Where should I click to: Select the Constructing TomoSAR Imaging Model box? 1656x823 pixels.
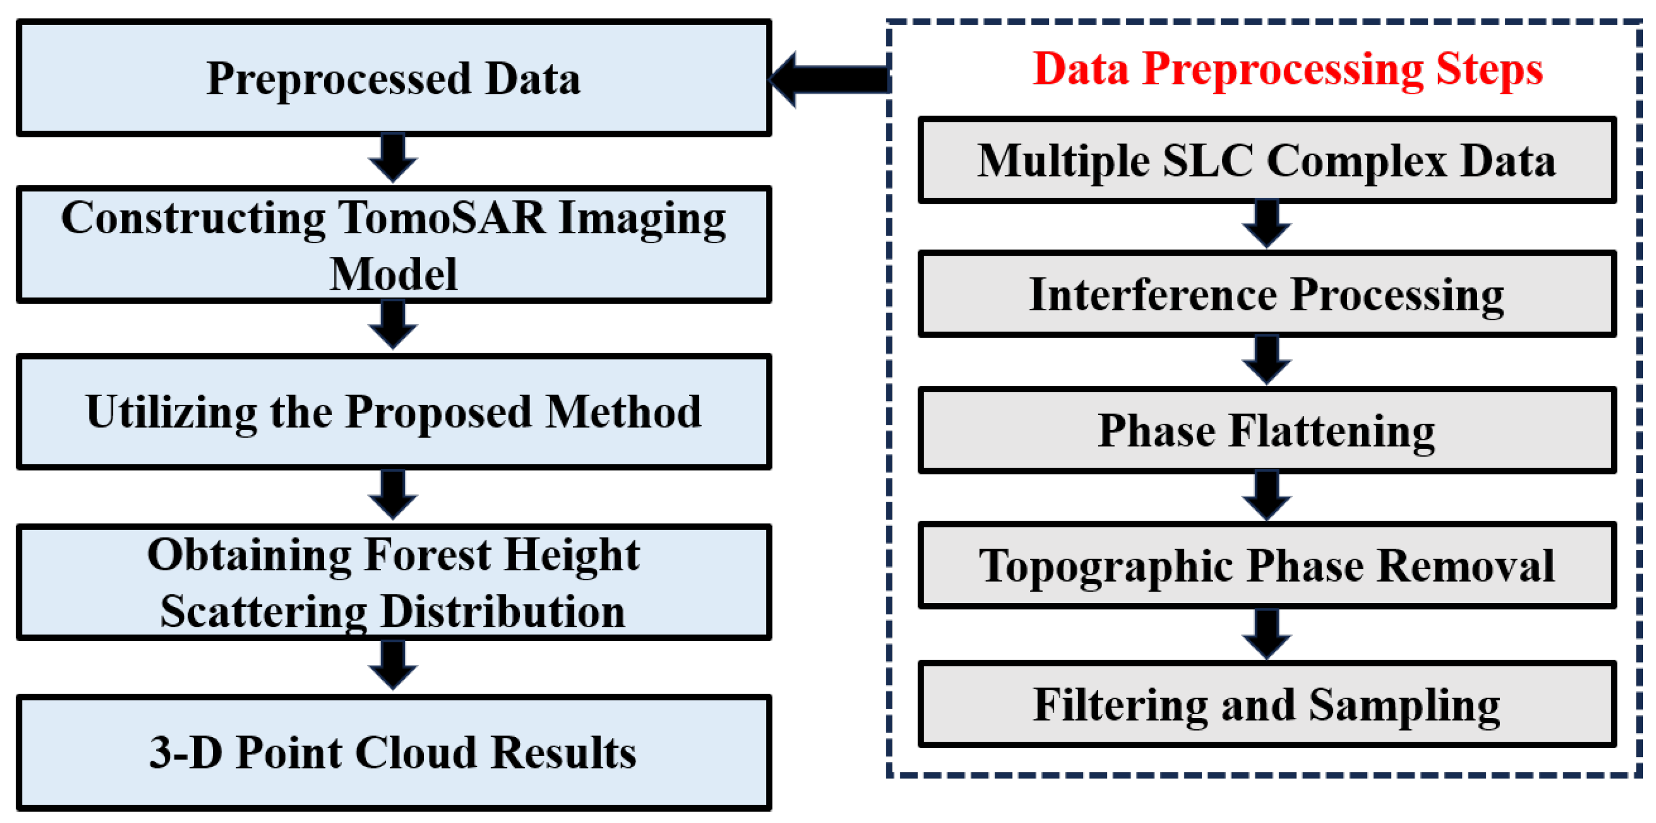(x=394, y=245)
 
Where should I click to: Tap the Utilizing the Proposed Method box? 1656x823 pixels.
(x=394, y=412)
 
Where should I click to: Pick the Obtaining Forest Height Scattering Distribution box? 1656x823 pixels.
(x=394, y=582)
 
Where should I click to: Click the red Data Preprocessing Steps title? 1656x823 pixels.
(x=1287, y=69)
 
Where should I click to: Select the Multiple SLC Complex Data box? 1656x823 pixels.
(x=1266, y=160)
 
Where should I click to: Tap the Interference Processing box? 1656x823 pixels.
(x=1266, y=294)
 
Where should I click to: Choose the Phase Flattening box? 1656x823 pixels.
(x=1266, y=430)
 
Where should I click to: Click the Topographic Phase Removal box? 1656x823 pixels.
(x=1266, y=565)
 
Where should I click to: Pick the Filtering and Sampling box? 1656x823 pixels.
(x=1266, y=705)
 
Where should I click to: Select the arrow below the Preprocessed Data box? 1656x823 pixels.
(x=393, y=158)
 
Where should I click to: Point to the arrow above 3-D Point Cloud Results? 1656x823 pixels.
(x=393, y=665)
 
